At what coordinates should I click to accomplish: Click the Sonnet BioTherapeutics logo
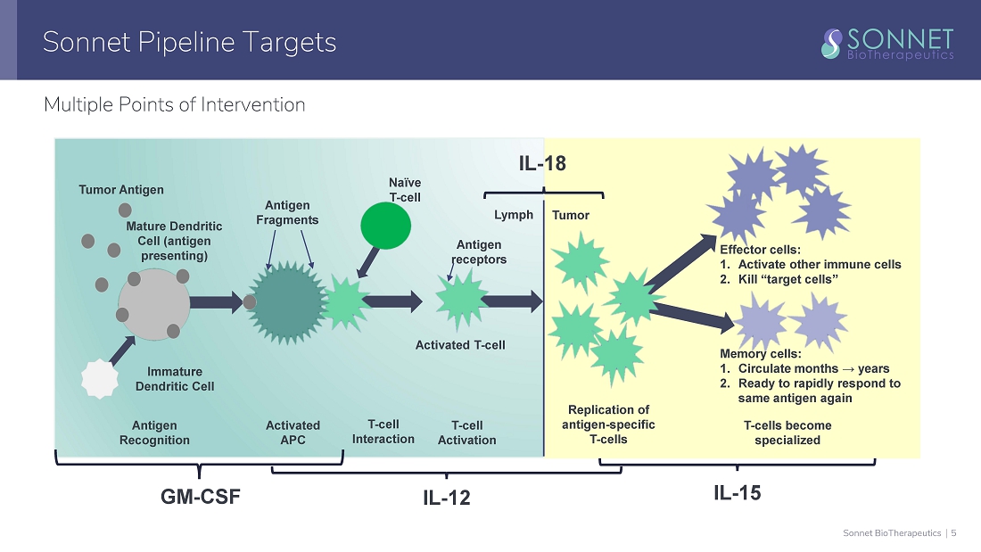tap(888, 42)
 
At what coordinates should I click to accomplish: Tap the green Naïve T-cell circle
tap(385, 227)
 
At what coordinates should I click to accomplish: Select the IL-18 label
tap(542, 163)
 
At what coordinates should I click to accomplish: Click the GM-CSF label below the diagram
tap(200, 497)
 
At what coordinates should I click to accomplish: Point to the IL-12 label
tap(446, 498)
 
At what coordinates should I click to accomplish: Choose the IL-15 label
tap(738, 492)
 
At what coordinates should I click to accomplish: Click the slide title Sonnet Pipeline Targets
tap(189, 42)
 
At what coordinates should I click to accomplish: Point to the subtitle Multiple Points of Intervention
tap(174, 104)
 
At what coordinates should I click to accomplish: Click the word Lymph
tap(514, 215)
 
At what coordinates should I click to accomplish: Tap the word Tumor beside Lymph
tap(571, 215)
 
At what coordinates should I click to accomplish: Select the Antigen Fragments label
tap(287, 213)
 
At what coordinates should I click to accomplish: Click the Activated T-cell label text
tap(460, 345)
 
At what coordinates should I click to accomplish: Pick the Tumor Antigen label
tap(121, 189)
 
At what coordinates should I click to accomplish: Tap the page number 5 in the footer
tap(953, 533)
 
